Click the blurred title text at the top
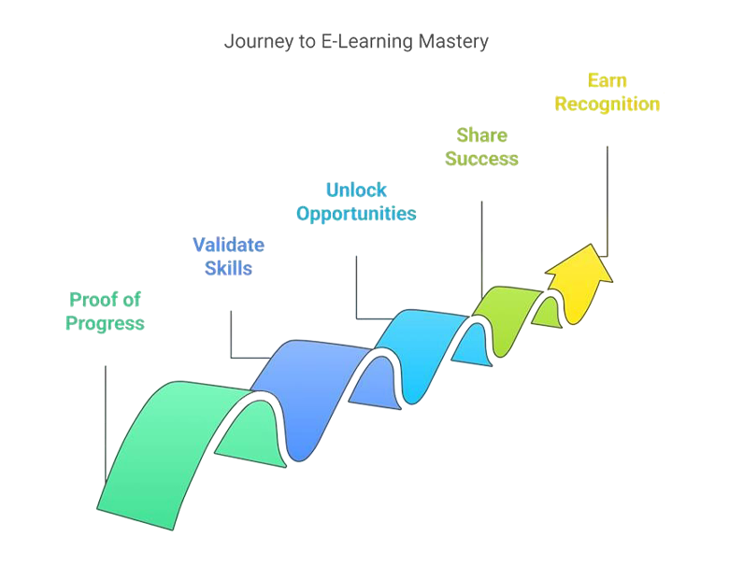click(355, 43)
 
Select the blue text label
click(230, 255)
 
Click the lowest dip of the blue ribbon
click(297, 453)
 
